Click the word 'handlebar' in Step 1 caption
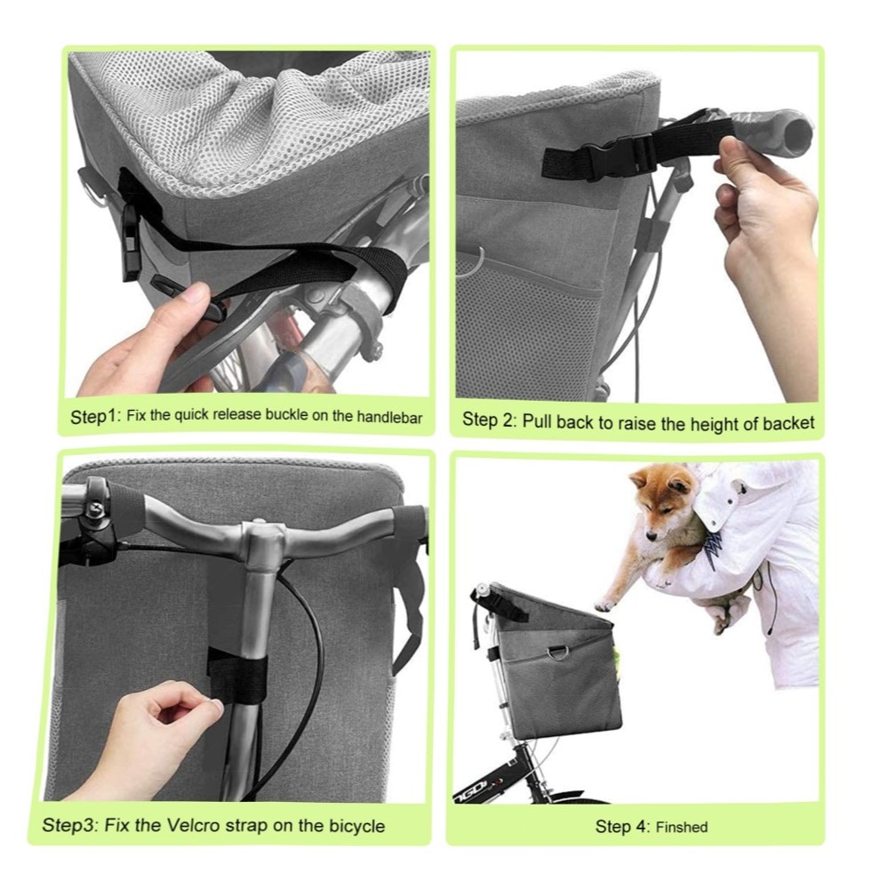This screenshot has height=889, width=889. [389, 417]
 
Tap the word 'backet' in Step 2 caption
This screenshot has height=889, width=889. [788, 423]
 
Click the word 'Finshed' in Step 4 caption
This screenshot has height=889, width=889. [682, 827]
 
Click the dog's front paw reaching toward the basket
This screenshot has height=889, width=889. [605, 605]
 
